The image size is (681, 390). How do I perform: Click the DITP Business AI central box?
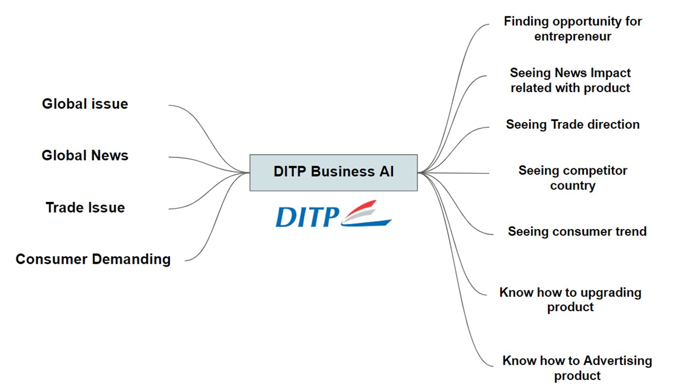click(334, 172)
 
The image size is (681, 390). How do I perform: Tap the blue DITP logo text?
click(307, 217)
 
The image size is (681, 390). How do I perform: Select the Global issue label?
click(85, 103)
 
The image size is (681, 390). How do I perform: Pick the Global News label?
click(85, 156)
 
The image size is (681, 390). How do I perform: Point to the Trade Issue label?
click(85, 207)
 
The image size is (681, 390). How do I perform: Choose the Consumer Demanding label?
click(93, 259)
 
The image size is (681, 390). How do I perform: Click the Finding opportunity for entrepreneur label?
click(573, 29)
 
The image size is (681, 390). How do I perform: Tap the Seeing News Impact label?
click(570, 80)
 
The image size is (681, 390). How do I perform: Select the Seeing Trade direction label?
click(573, 124)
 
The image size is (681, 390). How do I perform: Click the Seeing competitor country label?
click(573, 178)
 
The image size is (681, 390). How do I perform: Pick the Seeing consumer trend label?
click(577, 231)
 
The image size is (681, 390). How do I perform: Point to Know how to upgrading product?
click(570, 299)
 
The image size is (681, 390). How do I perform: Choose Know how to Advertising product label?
click(577, 368)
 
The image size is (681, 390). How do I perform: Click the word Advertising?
click(618, 361)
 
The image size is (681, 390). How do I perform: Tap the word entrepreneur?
click(573, 37)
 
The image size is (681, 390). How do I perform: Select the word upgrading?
click(611, 292)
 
